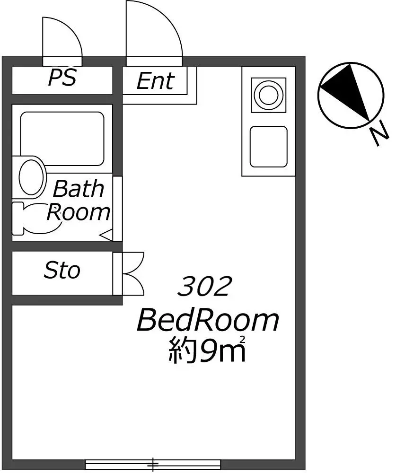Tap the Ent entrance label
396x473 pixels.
click(155, 81)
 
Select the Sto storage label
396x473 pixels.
click(62, 270)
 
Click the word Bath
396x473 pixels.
click(79, 189)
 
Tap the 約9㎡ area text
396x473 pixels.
click(206, 350)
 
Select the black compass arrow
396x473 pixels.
click(347, 89)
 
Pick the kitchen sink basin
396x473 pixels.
click(269, 147)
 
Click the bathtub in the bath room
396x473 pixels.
click(62, 139)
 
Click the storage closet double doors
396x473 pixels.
click(133, 273)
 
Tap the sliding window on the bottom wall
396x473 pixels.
click(153, 464)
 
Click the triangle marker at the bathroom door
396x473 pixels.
click(106, 235)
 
